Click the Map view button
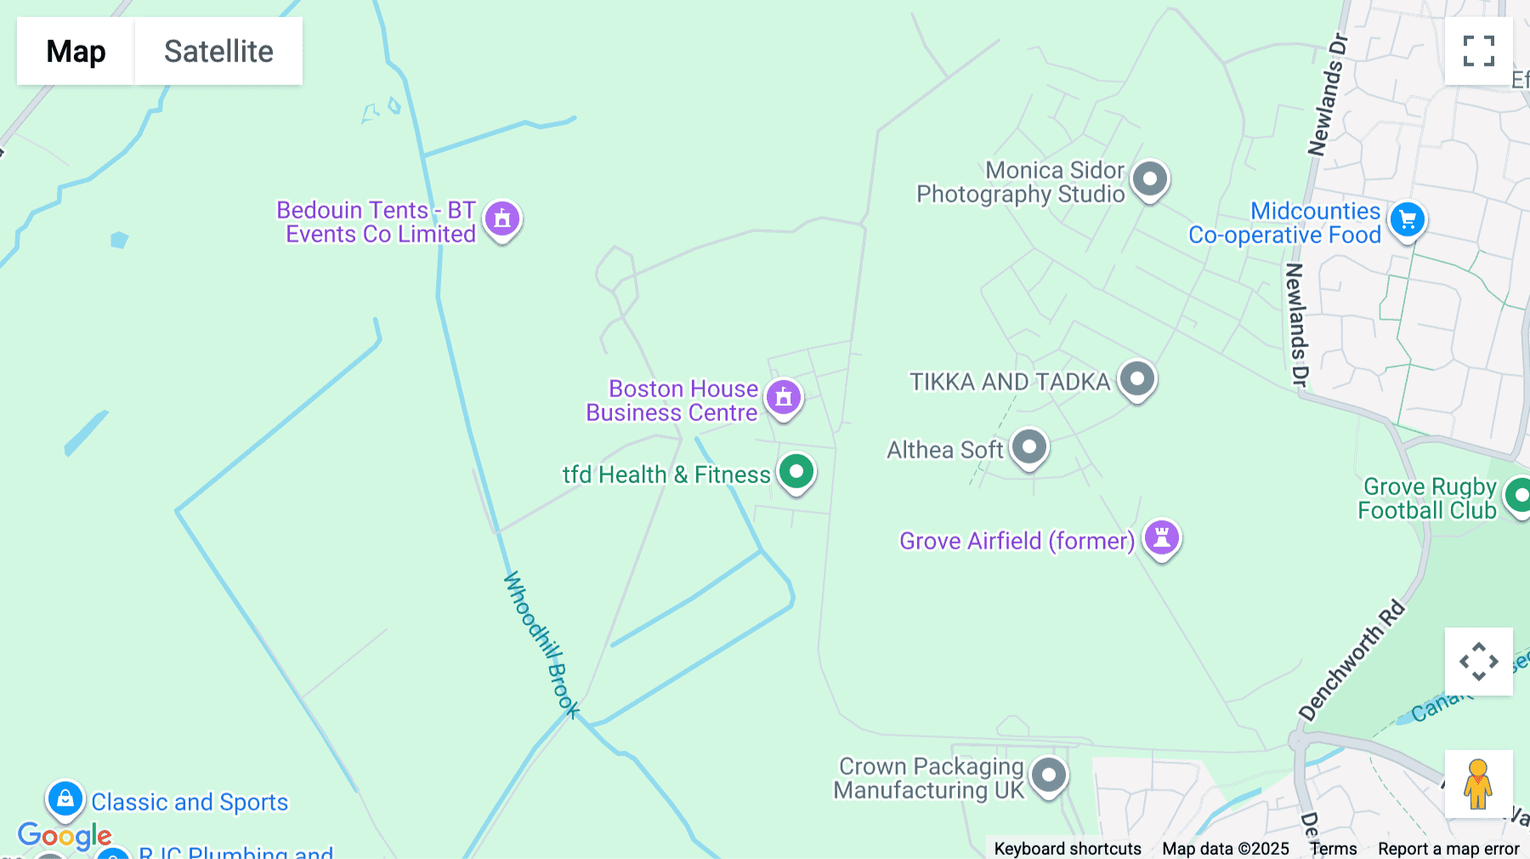[76, 51]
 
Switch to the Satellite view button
[218, 51]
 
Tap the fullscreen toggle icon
[1478, 51]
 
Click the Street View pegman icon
[1478, 783]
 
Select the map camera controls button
[1478, 662]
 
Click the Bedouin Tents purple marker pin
[502, 219]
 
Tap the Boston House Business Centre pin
[784, 397]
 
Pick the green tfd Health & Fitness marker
[796, 472]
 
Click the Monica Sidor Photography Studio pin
[1150, 179]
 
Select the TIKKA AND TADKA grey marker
[1137, 378]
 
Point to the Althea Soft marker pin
[1029, 447]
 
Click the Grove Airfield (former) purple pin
[1162, 538]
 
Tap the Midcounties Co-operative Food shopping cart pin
[1408, 219]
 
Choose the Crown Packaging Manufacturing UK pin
[1049, 776]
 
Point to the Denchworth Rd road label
[1351, 660]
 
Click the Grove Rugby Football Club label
[1427, 498]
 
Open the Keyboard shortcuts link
[1068, 849]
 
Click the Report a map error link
[1448, 849]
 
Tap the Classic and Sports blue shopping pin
[65, 799]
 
